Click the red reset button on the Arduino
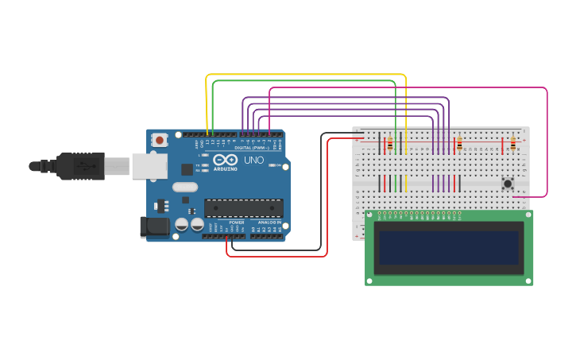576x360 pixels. pyautogui.click(x=160, y=140)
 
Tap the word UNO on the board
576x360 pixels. pyautogui.click(x=254, y=160)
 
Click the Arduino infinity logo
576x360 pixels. pyautogui.click(x=225, y=160)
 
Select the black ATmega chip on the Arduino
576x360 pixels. pyautogui.click(x=243, y=208)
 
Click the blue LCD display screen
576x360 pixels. pyautogui.click(x=449, y=248)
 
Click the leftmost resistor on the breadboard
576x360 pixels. pyautogui.click(x=389, y=145)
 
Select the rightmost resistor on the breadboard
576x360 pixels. pyautogui.click(x=512, y=144)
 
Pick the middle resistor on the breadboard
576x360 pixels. pyautogui.click(x=459, y=144)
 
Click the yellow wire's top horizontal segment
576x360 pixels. pyautogui.click(x=306, y=75)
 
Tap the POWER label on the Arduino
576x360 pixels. pyautogui.click(x=237, y=223)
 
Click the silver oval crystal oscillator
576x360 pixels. pyautogui.click(x=184, y=188)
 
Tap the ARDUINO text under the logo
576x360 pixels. pyautogui.click(x=225, y=168)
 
